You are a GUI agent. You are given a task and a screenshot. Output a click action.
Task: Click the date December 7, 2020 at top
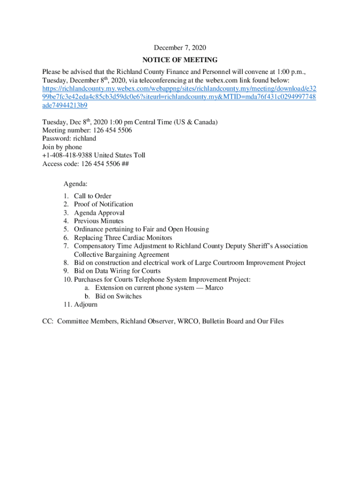click(180, 48)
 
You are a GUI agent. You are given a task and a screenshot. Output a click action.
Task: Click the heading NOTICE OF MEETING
click(180, 60)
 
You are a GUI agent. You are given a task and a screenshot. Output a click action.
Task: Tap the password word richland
click(85, 138)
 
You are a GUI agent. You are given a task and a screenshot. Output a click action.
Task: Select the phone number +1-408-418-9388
click(68, 155)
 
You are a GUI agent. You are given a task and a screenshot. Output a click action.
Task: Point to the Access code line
click(86, 164)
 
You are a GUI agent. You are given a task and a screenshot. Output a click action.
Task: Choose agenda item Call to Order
click(93, 196)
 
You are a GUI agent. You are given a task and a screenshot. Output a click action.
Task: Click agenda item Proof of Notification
click(103, 204)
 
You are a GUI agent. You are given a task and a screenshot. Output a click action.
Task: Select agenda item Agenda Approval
click(99, 213)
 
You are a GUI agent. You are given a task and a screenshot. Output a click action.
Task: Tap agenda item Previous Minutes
click(99, 221)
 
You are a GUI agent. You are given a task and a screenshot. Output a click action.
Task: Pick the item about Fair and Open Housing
click(141, 229)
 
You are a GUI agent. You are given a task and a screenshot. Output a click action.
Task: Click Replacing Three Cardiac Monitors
click(123, 238)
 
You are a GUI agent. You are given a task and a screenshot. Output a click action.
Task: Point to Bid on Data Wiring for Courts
click(117, 271)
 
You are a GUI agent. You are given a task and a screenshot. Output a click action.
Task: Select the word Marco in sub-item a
click(214, 288)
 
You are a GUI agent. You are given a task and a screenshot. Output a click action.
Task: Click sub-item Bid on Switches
click(118, 296)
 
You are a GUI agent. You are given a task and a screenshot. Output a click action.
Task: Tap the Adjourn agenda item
click(86, 305)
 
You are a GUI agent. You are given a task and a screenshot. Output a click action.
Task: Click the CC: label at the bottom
click(48, 321)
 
